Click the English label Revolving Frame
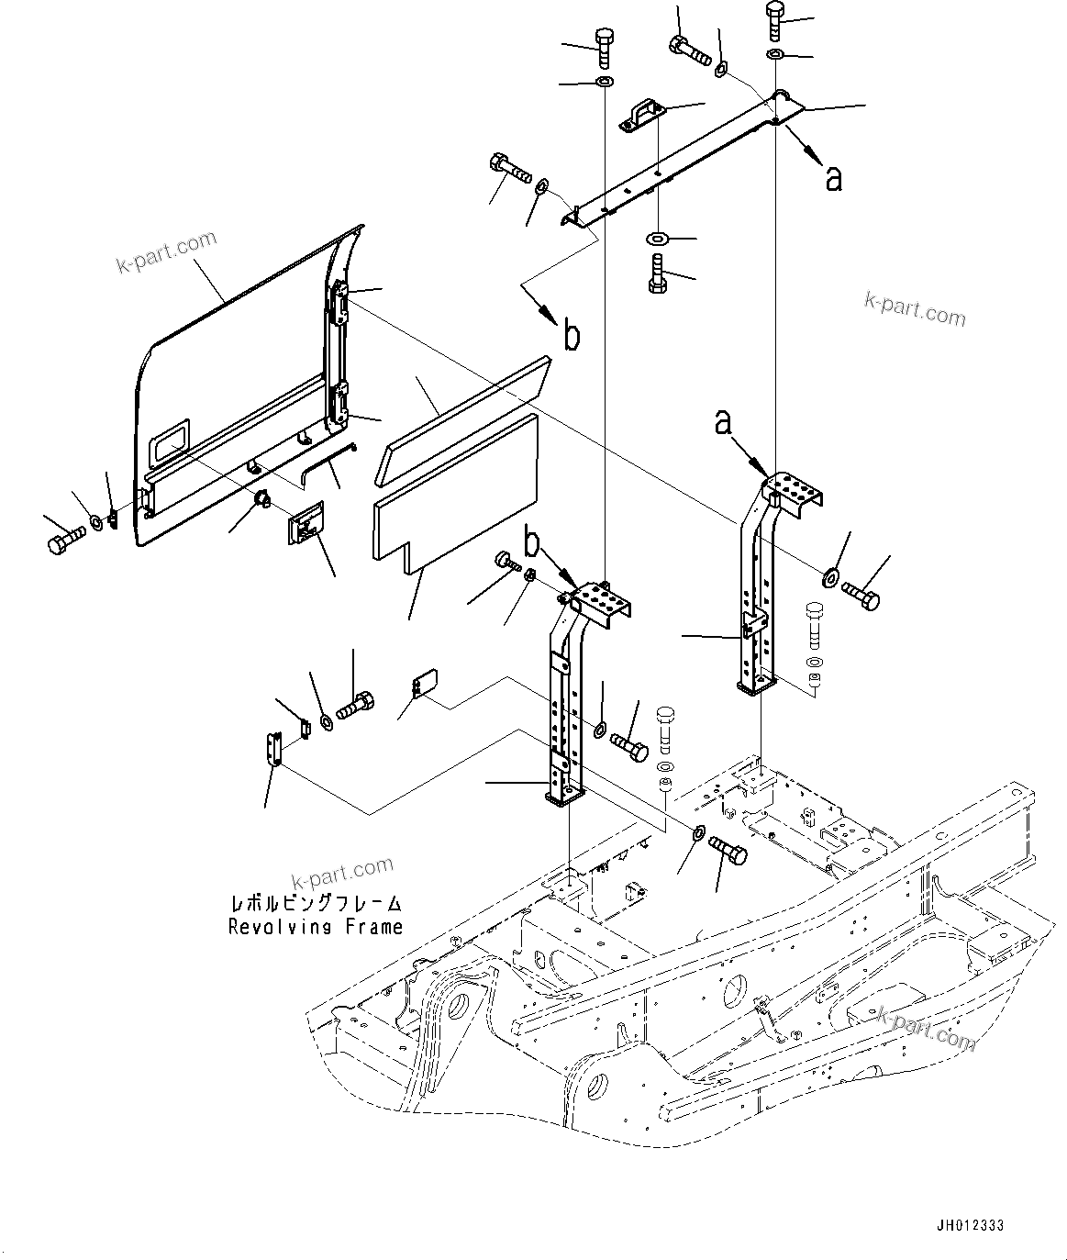tap(316, 927)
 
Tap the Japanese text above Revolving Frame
tap(316, 904)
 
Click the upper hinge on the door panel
tap(339, 302)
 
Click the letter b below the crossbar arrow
tap(571, 338)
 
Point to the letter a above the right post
tap(724, 422)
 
